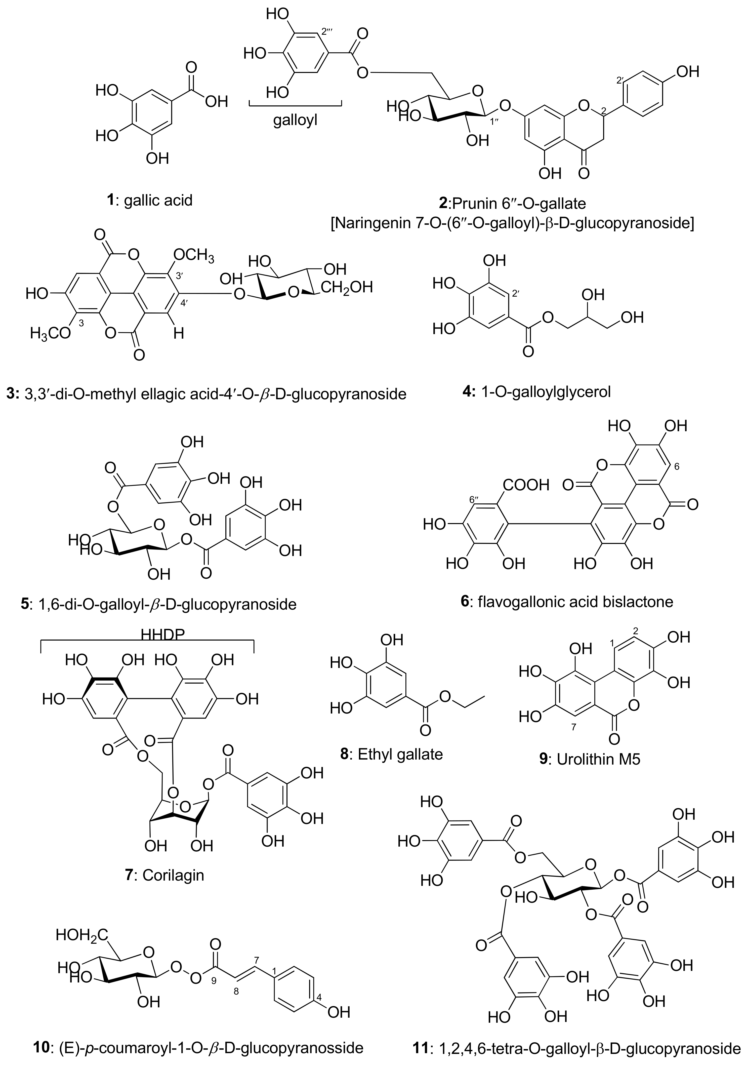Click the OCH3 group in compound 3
(194, 256)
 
